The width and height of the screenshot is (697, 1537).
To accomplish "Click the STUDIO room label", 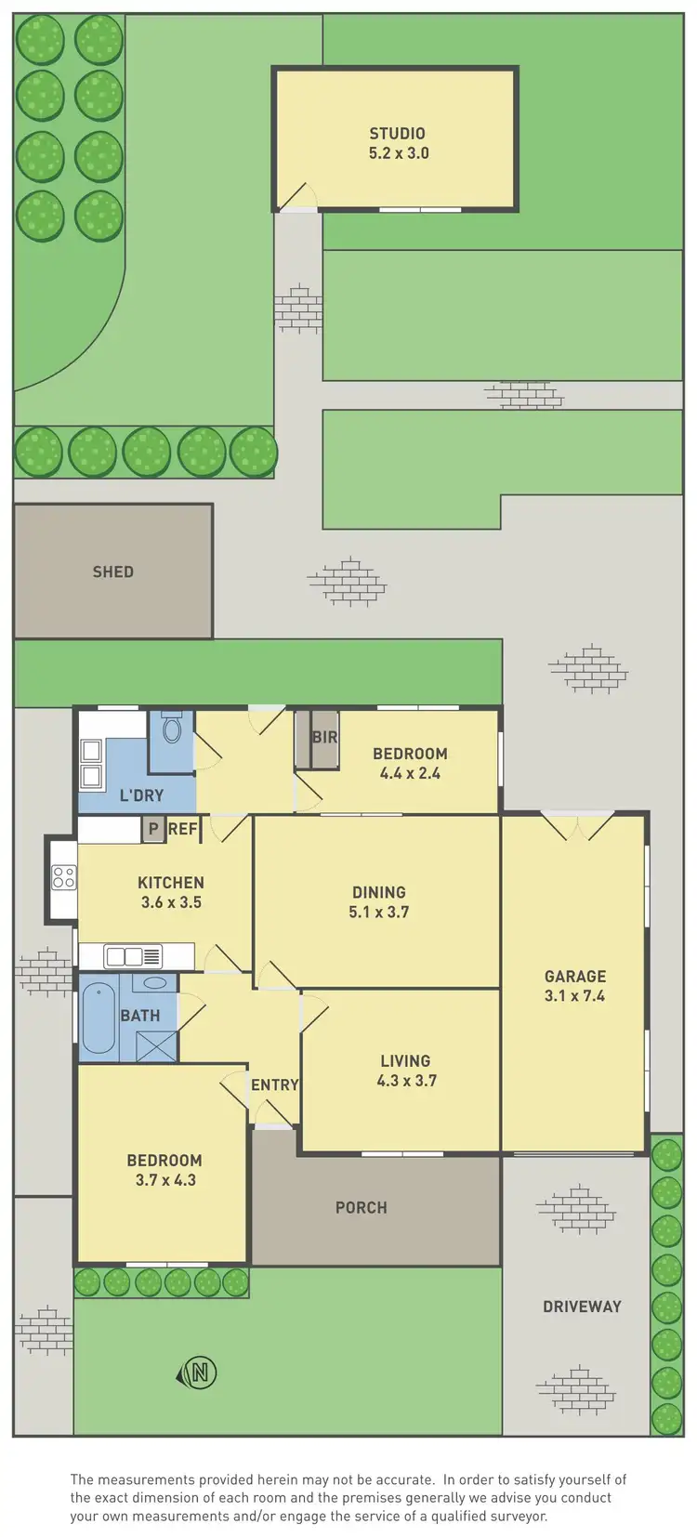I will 397,134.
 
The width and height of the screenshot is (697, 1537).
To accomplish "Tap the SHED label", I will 112,572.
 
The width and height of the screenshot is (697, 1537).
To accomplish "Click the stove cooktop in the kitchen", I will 64,875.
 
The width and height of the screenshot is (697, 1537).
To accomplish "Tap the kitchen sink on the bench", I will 125,955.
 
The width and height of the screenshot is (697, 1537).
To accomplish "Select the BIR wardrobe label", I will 324,737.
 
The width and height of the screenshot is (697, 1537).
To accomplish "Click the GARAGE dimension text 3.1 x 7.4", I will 575,996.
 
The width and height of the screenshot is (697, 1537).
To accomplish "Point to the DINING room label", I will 378,892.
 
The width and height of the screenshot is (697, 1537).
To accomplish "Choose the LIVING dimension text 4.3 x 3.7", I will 406,1081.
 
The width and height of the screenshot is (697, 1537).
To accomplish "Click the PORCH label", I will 362,1208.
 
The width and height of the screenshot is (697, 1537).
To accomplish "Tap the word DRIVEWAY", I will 582,1307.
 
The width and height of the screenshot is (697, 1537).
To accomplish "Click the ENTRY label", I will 274,1084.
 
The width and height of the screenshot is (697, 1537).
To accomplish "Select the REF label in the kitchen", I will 182,829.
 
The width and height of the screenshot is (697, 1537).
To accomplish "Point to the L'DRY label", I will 141,795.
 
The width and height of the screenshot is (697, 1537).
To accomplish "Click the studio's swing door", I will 298,196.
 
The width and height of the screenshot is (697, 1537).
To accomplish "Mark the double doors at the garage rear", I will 577,826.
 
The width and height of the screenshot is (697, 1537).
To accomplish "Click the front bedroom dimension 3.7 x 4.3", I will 164,1180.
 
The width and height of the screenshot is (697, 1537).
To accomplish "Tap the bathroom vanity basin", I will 156,982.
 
